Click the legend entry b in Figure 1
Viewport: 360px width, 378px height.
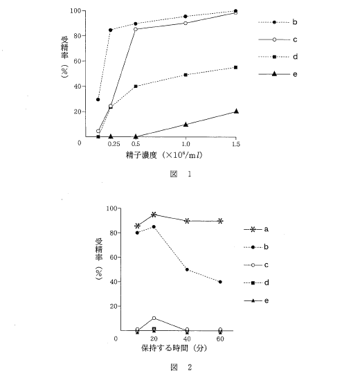click(278, 22)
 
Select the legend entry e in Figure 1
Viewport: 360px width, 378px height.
click(278, 74)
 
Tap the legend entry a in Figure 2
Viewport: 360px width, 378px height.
click(256, 229)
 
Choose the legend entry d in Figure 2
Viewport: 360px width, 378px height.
click(256, 282)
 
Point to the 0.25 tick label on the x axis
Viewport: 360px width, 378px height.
click(114, 144)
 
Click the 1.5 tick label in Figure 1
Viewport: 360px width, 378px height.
click(236, 144)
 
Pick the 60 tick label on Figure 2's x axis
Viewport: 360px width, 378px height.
click(220, 339)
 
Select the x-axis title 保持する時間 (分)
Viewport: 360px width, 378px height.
click(174, 348)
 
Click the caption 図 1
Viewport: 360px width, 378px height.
click(181, 174)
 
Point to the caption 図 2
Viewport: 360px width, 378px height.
click(181, 367)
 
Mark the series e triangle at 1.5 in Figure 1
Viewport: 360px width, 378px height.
click(236, 111)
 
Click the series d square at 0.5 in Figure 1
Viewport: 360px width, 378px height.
click(136, 87)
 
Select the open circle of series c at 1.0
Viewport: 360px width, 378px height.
click(186, 23)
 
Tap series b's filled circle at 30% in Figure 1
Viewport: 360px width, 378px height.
click(98, 99)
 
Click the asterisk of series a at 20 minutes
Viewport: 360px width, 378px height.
click(154, 215)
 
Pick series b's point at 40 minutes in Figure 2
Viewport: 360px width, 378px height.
click(187, 269)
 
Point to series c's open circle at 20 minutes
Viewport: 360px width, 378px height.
click(154, 318)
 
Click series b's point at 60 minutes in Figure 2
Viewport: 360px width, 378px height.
click(220, 282)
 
